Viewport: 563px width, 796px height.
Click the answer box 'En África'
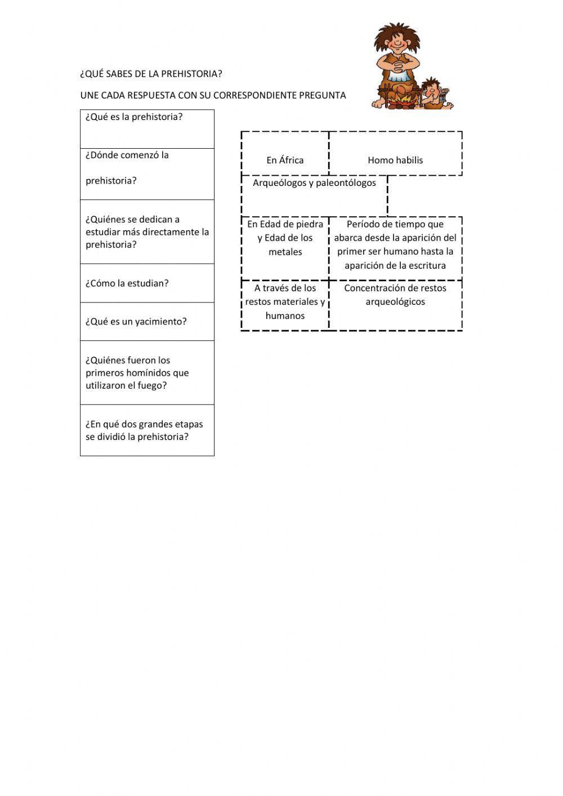[285, 160]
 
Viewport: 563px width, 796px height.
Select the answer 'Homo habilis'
[395, 160]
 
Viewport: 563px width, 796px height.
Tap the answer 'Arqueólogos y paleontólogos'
[314, 183]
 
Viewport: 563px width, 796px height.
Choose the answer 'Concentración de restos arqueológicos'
[395, 295]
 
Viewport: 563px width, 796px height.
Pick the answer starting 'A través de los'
[285, 302]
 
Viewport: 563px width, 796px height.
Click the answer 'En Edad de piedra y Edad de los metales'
[285, 238]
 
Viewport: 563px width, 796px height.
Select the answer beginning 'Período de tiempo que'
[395, 245]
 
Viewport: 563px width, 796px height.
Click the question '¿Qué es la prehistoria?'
[134, 118]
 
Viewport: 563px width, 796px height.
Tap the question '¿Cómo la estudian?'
[127, 283]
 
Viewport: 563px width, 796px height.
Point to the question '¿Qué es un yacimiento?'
[136, 322]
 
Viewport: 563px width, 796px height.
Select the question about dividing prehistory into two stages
[144, 430]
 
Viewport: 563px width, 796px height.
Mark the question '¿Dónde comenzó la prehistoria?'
[127, 168]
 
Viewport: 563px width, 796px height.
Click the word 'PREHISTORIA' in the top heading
[191, 74]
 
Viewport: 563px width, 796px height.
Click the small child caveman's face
[432, 88]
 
